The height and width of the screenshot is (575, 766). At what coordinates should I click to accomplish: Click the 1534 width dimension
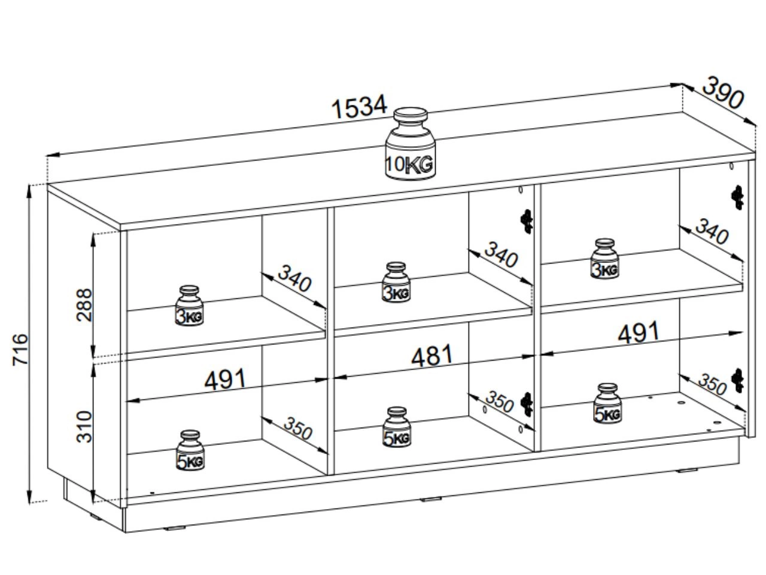[x=359, y=107]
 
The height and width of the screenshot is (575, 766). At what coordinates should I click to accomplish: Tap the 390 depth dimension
[x=722, y=93]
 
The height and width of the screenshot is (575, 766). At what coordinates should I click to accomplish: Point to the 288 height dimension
[x=84, y=304]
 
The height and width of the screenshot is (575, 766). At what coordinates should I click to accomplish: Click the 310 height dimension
[x=84, y=426]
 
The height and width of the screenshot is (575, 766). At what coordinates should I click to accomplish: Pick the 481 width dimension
[x=431, y=356]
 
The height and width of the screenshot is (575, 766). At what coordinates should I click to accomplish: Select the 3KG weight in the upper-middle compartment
[x=396, y=282]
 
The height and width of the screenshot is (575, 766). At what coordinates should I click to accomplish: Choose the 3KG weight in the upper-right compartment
[x=604, y=259]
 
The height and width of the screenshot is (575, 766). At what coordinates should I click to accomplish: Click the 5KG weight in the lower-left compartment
[x=190, y=450]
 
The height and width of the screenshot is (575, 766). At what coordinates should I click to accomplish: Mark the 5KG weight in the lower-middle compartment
[x=397, y=427]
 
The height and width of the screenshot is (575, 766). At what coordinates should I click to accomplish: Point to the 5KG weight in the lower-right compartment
[x=607, y=403]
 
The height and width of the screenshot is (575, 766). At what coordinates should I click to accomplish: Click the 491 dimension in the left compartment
[x=225, y=379]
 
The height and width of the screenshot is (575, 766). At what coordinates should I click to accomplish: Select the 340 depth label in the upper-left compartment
[x=295, y=281]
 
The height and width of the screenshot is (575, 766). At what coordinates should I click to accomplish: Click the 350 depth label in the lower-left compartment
[x=297, y=428]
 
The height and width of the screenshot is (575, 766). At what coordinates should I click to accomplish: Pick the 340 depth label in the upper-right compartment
[x=711, y=232]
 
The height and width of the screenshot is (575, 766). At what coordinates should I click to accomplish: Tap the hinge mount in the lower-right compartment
[x=738, y=381]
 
